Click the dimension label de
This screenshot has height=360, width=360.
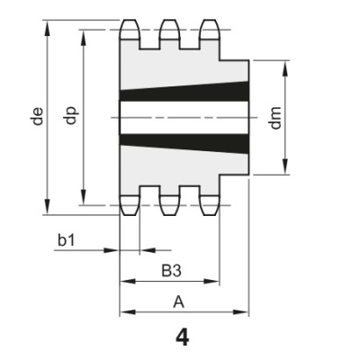point(37,116)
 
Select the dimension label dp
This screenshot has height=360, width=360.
point(74,116)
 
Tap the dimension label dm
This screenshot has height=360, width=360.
point(276,117)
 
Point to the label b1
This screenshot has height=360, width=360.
point(66,240)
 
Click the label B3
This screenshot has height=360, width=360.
point(170,269)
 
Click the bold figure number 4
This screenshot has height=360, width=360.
point(183,337)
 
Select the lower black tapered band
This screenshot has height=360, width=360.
point(184,139)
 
